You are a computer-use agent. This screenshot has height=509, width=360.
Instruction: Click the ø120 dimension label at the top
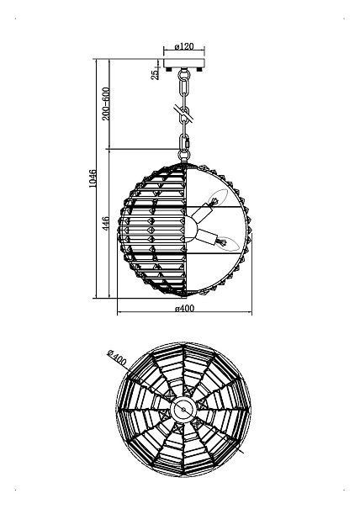point(184,46)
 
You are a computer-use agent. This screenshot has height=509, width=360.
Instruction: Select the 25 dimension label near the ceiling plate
point(156,74)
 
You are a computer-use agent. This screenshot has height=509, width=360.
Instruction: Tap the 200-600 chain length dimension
point(106,103)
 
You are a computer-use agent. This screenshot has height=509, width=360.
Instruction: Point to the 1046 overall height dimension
point(93,178)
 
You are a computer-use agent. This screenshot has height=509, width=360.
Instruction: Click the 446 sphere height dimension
point(106,224)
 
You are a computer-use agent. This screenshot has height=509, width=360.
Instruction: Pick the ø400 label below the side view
point(184,308)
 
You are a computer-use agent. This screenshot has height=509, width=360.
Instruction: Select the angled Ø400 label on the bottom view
point(117,357)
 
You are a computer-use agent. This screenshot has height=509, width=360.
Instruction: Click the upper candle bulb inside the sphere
point(218,197)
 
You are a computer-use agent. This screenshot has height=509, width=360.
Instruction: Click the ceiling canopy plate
point(184,62)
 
